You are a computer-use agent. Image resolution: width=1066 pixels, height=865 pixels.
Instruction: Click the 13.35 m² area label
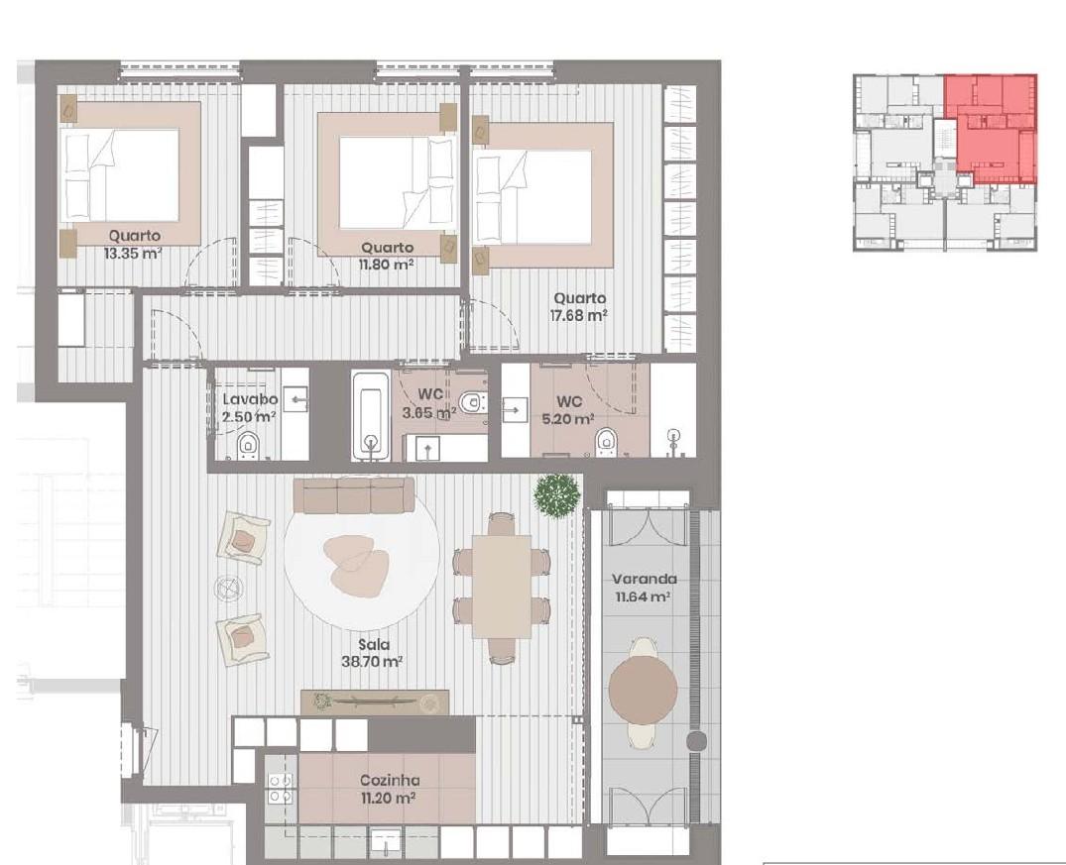pos(133,254)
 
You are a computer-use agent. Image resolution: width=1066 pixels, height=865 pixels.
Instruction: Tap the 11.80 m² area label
pos(387,265)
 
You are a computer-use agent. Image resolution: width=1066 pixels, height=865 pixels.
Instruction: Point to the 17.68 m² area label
pos(578,315)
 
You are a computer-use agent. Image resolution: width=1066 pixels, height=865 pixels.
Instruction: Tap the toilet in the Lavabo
pos(248,446)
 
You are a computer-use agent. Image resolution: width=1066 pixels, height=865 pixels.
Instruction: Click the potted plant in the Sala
pos(557,496)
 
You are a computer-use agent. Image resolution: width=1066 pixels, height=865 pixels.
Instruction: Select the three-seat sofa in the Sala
pos(354,495)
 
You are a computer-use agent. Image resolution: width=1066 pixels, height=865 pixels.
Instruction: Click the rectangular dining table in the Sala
pos(503,587)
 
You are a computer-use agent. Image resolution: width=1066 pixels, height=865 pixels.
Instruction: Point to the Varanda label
pos(645,580)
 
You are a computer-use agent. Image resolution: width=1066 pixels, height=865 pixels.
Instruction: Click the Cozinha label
pos(390,780)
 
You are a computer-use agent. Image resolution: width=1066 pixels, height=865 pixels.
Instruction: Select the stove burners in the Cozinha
pos(280,789)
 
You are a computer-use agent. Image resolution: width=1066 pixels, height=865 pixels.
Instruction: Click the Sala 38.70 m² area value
pos(373,661)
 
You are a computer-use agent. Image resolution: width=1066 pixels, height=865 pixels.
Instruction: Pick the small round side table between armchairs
pos(228,588)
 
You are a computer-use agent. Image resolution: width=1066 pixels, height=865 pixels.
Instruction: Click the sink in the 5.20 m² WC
pos(516,410)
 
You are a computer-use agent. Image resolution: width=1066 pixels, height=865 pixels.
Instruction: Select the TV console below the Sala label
pos(375,703)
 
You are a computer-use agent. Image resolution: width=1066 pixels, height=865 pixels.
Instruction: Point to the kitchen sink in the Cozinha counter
pos(386,840)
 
